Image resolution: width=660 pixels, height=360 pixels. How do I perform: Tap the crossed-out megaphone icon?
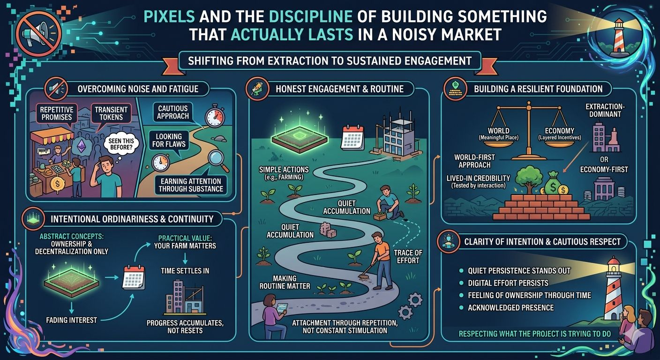click(33, 36)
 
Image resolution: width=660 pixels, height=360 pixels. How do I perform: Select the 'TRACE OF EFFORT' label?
click(408, 257)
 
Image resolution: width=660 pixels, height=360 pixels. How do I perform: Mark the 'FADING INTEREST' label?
click(71, 320)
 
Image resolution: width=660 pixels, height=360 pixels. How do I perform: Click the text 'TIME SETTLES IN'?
click(185, 271)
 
